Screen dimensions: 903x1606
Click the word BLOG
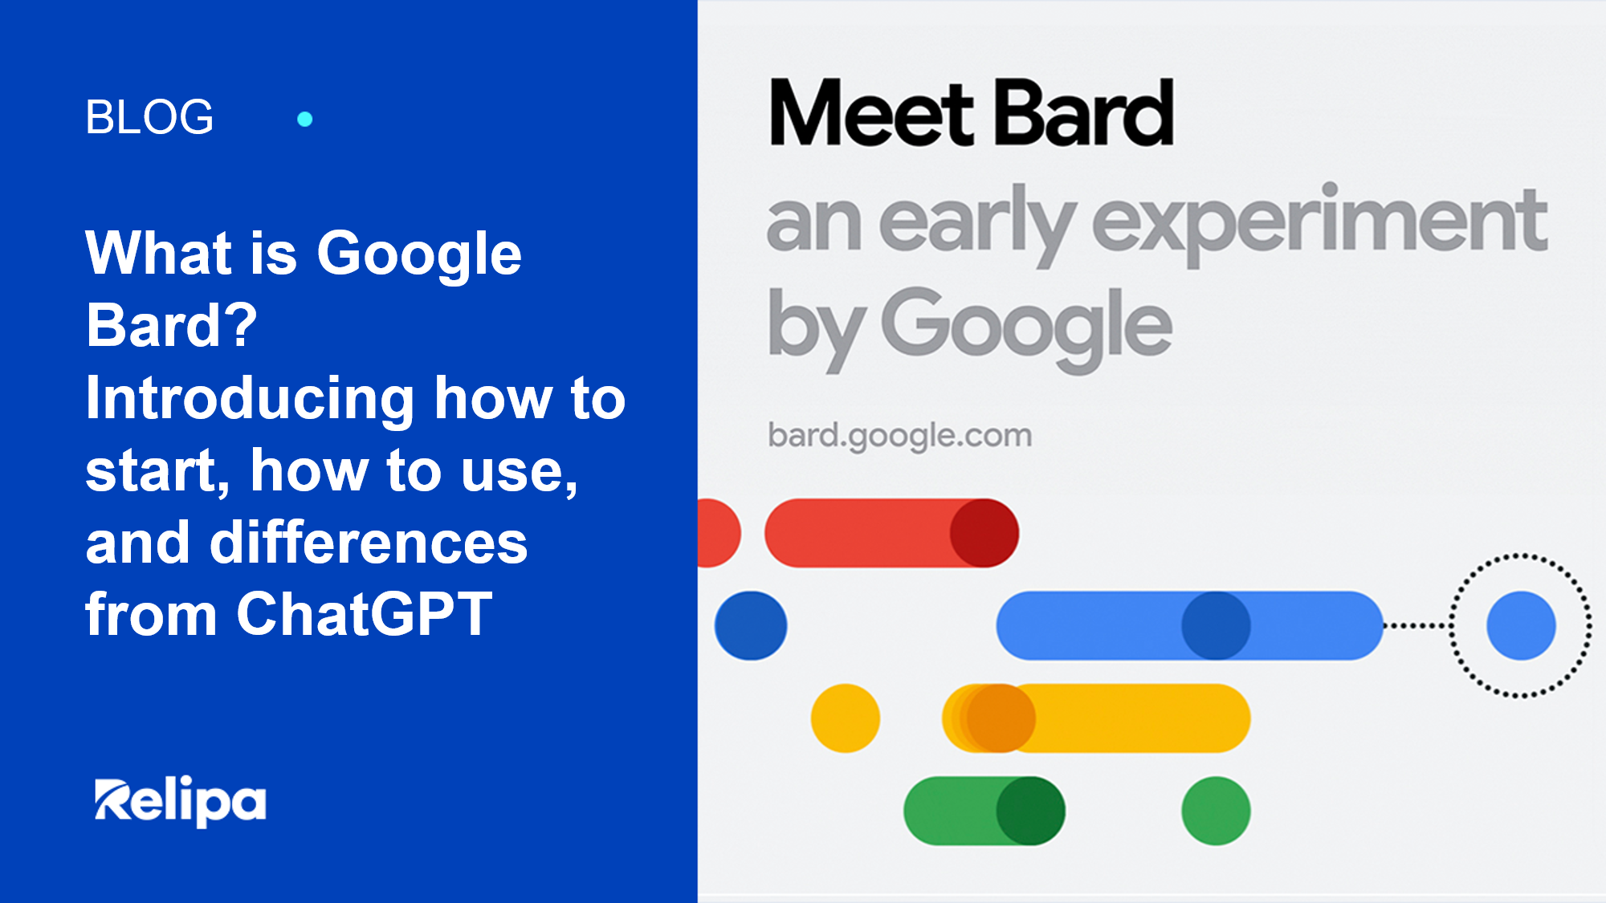coord(149,117)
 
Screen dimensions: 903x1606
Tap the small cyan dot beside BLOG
coord(304,120)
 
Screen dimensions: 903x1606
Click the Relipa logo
coord(180,800)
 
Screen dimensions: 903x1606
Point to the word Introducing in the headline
coord(250,399)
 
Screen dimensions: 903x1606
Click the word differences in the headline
coord(368,543)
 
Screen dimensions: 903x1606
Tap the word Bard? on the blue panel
coord(171,326)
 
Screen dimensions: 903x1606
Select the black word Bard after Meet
coord(1084,113)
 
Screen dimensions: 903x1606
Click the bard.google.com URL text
coord(899,436)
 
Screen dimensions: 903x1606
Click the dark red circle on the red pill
coord(984,533)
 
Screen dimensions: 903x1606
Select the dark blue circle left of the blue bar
coord(751,626)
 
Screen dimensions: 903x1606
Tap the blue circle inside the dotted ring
coord(1520,626)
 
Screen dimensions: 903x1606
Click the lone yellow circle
coord(845,718)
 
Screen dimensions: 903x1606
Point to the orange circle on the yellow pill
coord(1000,718)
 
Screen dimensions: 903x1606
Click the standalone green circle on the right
coord(1215,811)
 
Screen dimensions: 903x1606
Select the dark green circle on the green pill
coord(1030,811)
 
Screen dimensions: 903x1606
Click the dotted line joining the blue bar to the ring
coord(1417,625)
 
